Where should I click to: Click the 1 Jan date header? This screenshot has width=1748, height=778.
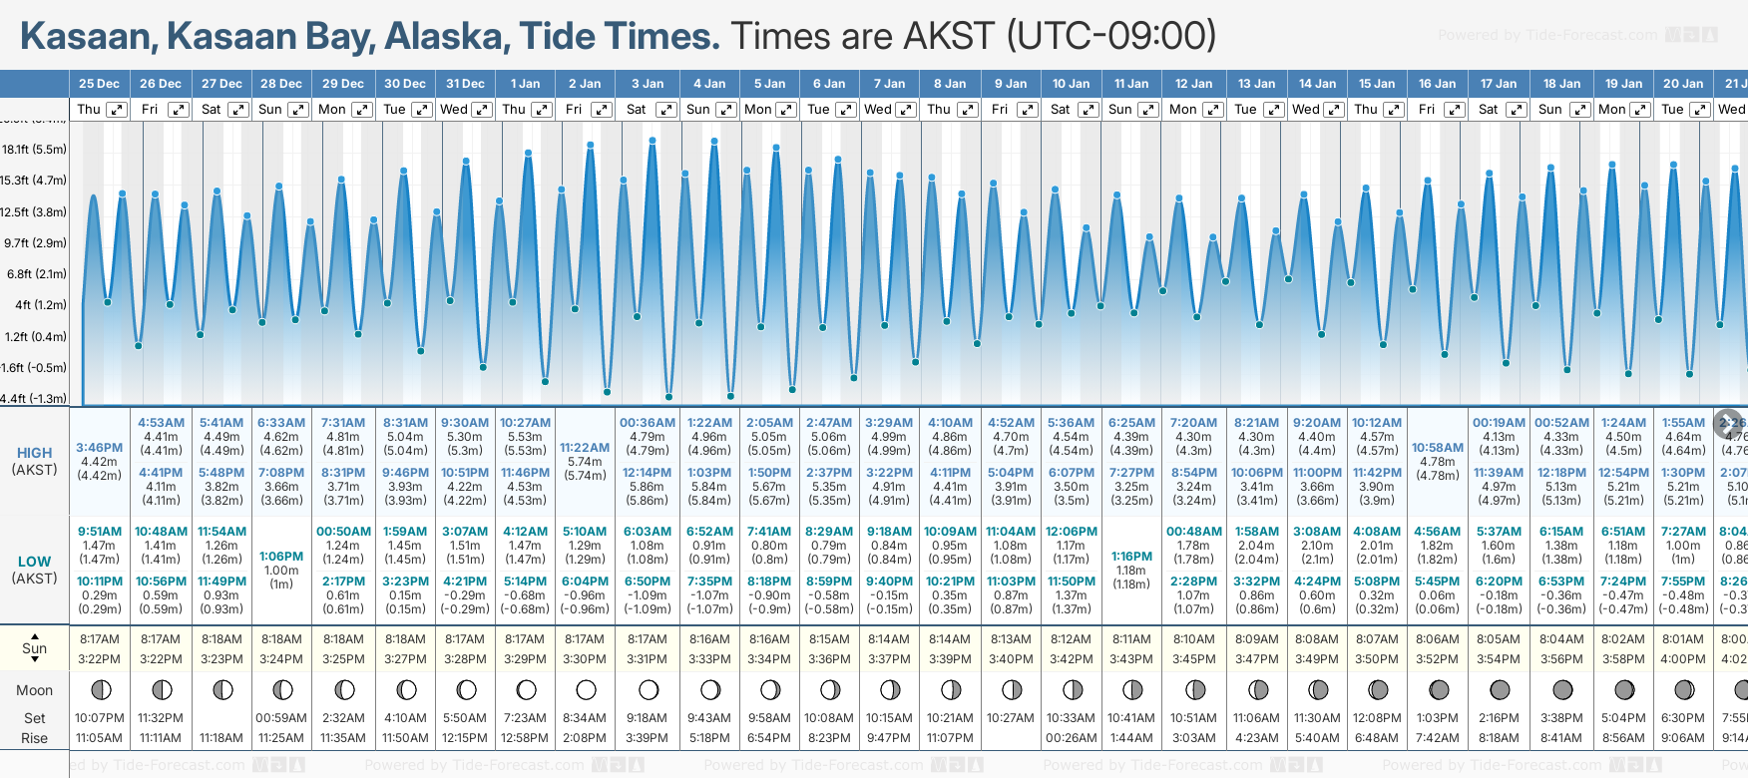525,84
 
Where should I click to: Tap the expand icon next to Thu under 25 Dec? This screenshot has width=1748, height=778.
117,110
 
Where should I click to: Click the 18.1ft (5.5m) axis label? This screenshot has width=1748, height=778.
34,150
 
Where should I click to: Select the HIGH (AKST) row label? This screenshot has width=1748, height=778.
34,461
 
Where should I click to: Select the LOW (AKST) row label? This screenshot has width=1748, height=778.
34,570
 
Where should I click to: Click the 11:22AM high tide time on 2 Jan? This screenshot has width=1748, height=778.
585,448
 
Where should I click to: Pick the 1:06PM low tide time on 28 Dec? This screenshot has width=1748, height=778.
281,557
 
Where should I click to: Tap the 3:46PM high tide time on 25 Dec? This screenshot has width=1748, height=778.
100,448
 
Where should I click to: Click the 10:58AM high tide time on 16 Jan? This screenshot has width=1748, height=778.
1437,448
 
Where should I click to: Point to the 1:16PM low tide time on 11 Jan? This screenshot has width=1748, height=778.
1131,557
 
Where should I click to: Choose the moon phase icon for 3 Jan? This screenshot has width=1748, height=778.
649,690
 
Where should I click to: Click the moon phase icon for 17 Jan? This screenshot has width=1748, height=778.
1500,690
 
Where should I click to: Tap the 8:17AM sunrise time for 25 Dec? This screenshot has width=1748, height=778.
100,639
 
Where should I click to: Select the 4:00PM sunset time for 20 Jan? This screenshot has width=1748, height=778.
1683,659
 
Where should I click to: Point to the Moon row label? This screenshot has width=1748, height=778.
34,690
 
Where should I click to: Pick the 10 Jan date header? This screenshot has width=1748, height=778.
1071,84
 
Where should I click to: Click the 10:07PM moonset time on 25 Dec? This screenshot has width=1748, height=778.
100,718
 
